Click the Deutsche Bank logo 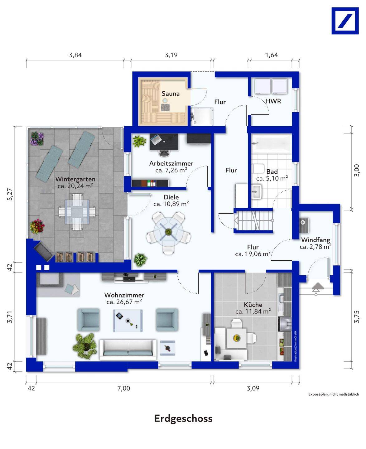point(345,21)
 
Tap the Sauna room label point(170,94)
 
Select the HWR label point(273,101)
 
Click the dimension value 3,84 point(75,55)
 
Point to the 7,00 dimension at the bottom point(124,388)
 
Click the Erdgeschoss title point(183,418)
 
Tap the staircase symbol point(253,220)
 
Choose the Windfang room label point(315,240)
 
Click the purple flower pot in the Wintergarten point(37,138)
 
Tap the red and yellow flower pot point(37,226)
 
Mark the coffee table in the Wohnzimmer point(128,321)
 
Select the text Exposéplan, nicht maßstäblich point(334,394)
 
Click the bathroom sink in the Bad point(257,191)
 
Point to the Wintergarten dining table point(77,212)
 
